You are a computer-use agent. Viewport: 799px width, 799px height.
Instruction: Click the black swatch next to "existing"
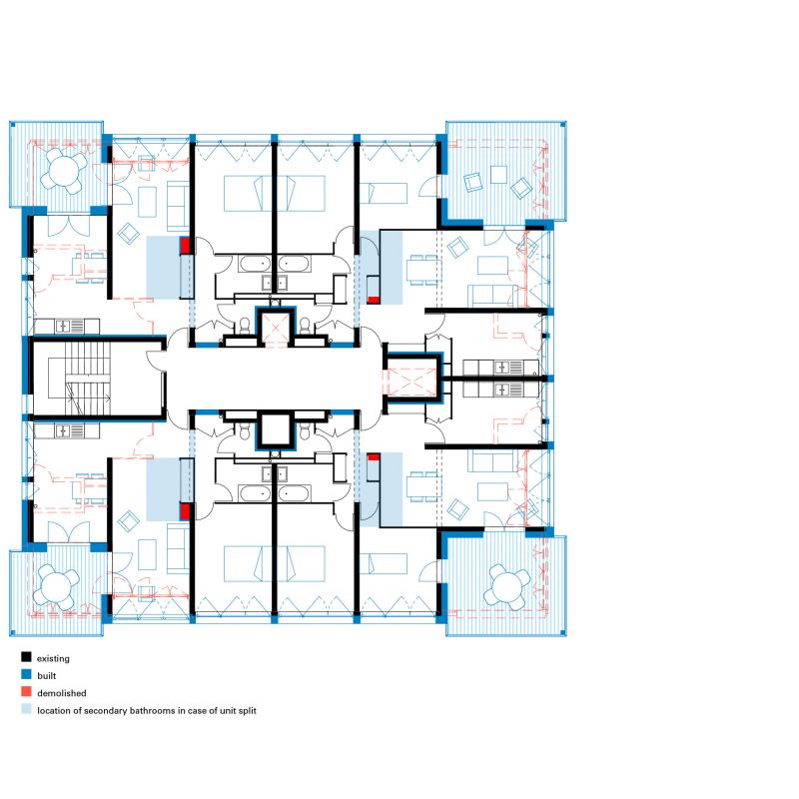[x=27, y=657]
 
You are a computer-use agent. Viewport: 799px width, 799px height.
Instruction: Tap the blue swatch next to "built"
[x=27, y=675]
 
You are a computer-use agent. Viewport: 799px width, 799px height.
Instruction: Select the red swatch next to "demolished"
[x=27, y=692]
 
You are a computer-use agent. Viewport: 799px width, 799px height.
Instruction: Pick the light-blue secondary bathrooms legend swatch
[x=27, y=709]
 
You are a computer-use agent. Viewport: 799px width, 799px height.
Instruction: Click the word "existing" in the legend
[x=53, y=658]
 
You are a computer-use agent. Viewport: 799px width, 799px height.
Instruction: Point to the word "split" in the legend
[x=247, y=711]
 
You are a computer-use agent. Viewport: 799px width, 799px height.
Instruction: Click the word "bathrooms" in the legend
[x=152, y=710]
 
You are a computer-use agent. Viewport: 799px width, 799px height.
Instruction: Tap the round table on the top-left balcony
[x=64, y=170]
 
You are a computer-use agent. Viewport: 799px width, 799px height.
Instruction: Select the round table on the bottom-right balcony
[x=507, y=585]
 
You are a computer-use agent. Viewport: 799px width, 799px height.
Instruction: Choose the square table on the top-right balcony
[x=498, y=175]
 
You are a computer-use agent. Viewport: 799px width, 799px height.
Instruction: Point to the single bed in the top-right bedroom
[x=384, y=193]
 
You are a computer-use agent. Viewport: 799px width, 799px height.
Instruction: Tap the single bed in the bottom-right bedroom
[x=384, y=563]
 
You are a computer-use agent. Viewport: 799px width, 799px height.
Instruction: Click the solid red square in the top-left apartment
[x=185, y=246]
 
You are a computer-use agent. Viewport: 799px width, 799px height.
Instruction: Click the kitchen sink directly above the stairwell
[x=63, y=327]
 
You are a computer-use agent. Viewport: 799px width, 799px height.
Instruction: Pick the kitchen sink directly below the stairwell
[x=63, y=431]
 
